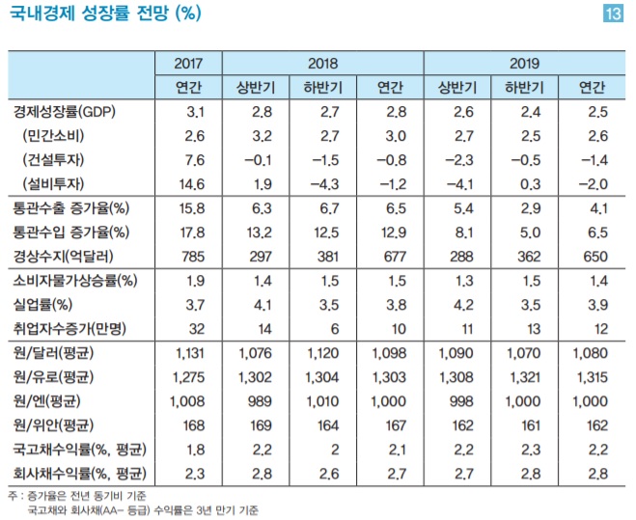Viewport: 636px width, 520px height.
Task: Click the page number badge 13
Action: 612,14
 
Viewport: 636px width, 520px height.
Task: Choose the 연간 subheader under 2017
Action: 188,88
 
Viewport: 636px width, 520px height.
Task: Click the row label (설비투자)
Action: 57,182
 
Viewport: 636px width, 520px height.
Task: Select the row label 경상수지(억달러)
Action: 68,258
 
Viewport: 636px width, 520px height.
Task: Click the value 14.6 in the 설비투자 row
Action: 188,182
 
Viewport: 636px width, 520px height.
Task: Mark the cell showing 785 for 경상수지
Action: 188,258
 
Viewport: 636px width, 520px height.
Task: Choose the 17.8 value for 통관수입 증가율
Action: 188,233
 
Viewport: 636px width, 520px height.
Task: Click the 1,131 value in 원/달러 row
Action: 188,354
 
